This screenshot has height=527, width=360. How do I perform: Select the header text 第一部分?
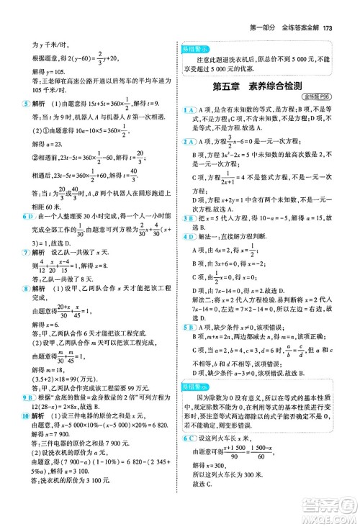264,8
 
